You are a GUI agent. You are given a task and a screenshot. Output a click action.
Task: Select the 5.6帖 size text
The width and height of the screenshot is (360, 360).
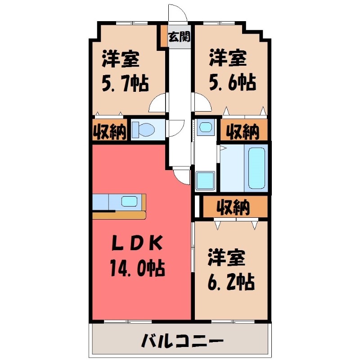coord(232,82)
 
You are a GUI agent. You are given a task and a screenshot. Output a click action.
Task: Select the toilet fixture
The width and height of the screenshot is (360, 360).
coord(144,130)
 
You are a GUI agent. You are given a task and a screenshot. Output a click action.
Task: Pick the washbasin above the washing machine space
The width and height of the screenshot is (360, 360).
coord(205,127)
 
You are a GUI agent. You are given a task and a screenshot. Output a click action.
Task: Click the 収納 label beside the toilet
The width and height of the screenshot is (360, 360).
coord(110,131)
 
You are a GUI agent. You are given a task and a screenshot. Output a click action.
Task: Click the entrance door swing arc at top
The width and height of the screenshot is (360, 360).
coord(176,11)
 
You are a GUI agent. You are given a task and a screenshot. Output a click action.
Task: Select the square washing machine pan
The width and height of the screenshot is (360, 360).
coord(206,180)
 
